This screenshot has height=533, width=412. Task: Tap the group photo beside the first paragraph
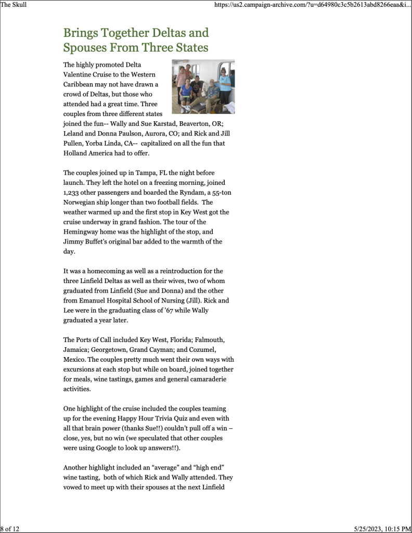pyautogui.click(x=203, y=86)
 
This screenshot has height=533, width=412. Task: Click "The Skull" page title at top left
pyautogui.click(x=14, y=5)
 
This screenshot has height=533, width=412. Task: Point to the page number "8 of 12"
pyautogui.click(x=10, y=529)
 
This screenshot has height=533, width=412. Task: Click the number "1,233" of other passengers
pyautogui.click(x=73, y=192)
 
